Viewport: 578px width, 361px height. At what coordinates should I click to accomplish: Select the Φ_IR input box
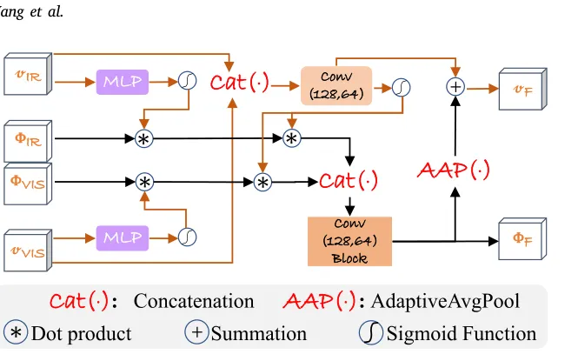click(x=27, y=137)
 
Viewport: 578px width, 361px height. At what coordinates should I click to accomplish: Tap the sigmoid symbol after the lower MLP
click(x=187, y=236)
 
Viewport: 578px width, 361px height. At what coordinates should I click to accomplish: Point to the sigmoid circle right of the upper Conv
click(x=401, y=87)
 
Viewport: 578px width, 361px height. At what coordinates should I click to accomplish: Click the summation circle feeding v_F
click(x=455, y=86)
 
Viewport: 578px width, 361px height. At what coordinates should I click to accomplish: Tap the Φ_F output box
click(x=522, y=235)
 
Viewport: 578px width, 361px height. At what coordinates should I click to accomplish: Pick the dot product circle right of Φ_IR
click(x=143, y=137)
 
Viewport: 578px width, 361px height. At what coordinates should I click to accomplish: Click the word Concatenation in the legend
click(x=194, y=302)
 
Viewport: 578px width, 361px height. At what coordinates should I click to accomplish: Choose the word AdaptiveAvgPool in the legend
click(x=445, y=302)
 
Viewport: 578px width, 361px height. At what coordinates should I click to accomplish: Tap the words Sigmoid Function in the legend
click(x=461, y=333)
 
